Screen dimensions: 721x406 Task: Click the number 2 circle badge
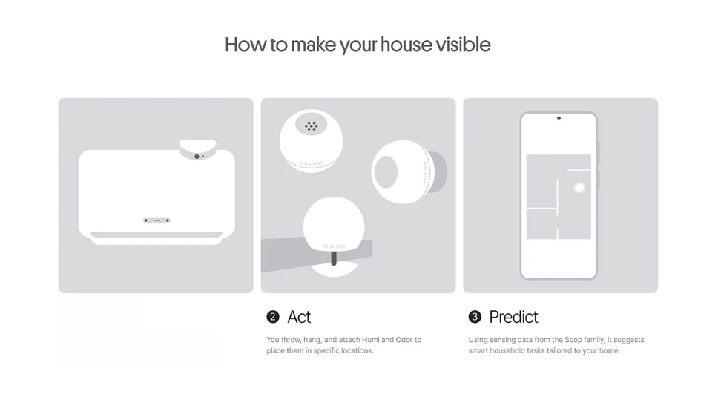point(273,317)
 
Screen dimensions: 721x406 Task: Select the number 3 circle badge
point(475,317)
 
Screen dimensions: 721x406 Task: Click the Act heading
point(299,317)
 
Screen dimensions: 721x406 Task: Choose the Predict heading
point(513,317)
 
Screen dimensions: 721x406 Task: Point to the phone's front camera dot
point(559,118)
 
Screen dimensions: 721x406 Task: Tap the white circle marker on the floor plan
point(579,187)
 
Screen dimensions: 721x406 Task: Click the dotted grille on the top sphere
point(312,125)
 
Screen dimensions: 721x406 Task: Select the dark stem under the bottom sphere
point(334,258)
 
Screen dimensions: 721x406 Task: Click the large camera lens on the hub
point(197,157)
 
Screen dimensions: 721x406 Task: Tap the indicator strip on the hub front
point(157,220)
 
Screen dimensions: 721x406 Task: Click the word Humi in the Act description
point(370,340)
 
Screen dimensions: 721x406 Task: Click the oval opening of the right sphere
point(386,171)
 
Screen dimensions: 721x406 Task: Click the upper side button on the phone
point(599,153)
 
